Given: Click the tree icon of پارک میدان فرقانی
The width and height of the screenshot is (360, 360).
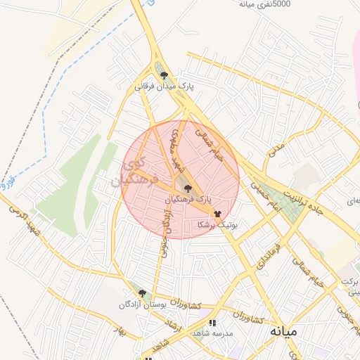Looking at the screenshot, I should (165, 75).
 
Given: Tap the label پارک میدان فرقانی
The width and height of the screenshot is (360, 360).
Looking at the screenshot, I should (165, 87).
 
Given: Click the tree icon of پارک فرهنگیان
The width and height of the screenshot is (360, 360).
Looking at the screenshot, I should (187, 188).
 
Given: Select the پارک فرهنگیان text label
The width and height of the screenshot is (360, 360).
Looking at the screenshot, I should (188, 200).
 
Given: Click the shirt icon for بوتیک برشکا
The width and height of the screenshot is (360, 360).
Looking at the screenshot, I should (217, 213).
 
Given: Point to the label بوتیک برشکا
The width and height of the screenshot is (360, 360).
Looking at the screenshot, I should (217, 225).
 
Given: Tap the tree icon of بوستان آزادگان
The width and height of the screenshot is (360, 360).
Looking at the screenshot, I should (142, 294).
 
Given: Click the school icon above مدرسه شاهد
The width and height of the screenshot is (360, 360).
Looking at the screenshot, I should (212, 323).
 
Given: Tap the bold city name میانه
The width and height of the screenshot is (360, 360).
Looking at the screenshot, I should (279, 330).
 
